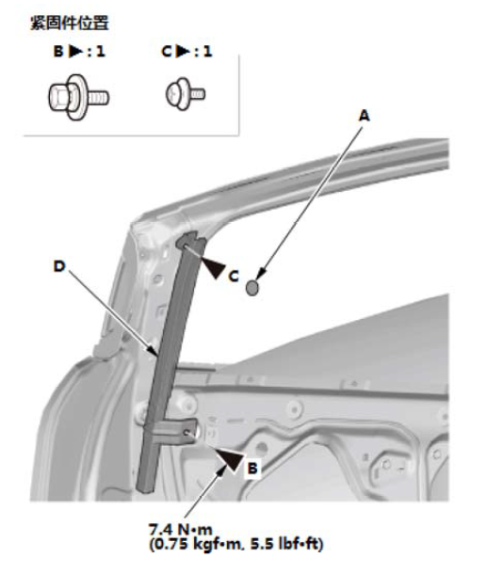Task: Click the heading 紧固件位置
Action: [70, 23]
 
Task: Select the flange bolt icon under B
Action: [78, 97]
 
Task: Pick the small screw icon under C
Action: [185, 94]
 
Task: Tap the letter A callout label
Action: [364, 116]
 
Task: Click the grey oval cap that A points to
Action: [252, 288]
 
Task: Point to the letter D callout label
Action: [59, 266]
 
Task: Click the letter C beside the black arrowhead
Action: [234, 276]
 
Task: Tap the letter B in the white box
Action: [252, 469]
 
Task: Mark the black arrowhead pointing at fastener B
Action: [230, 457]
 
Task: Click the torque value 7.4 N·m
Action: [180, 530]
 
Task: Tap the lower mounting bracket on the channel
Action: [175, 429]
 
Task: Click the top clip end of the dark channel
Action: [190, 241]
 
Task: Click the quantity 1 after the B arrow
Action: [101, 51]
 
